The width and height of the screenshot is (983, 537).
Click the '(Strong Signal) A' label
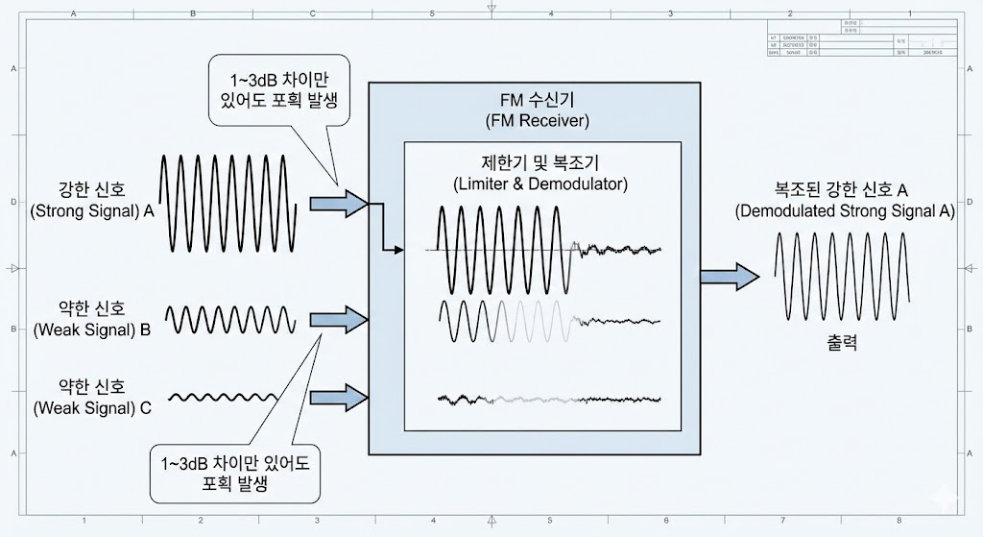pyautogui.click(x=92, y=211)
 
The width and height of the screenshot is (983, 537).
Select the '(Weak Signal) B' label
pyautogui.click(x=92, y=330)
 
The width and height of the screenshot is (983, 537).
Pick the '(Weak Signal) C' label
pyautogui.click(x=92, y=407)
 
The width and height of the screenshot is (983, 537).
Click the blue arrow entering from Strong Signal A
pyautogui.click(x=339, y=203)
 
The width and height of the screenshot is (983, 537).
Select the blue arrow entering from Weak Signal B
pyautogui.click(x=339, y=318)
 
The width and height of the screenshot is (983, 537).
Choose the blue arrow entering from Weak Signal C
pyautogui.click(x=339, y=395)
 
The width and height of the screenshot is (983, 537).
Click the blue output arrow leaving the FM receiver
pyautogui.click(x=729, y=277)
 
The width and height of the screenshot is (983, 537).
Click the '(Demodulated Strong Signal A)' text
pyautogui.click(x=845, y=211)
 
